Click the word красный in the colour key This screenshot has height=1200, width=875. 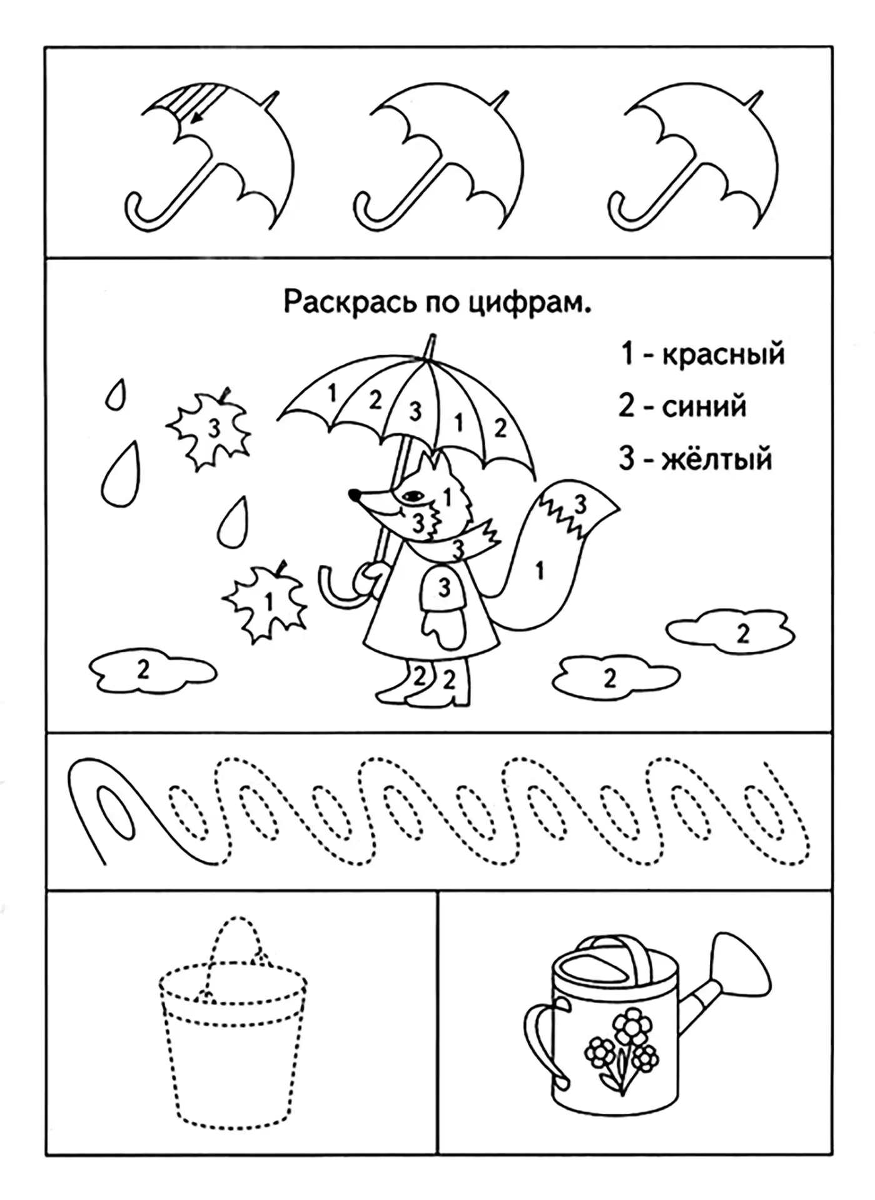(722, 354)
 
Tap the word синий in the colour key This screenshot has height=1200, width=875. (704, 407)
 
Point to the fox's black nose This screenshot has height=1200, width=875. (354, 496)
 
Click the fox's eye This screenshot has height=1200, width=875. (412, 496)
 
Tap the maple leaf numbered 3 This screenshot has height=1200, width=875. (210, 427)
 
